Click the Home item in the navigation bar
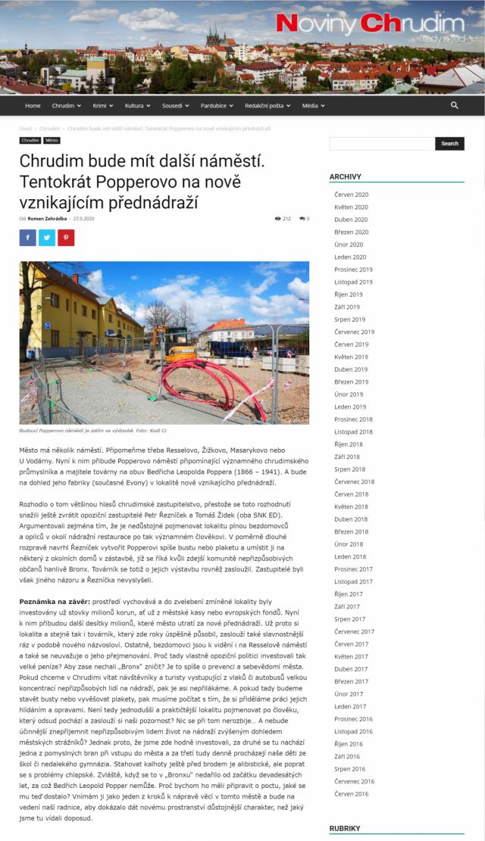(33, 105)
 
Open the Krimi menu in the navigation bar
(102, 105)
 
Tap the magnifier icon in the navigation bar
(454, 105)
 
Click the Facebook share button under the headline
(28, 238)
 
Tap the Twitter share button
(47, 238)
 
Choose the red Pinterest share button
(66, 238)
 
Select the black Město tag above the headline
(52, 140)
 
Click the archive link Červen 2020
(351, 195)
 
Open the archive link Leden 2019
(350, 406)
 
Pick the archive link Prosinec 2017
(353, 568)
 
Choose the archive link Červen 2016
(351, 793)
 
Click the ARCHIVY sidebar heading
(346, 176)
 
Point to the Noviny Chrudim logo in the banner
(370, 25)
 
